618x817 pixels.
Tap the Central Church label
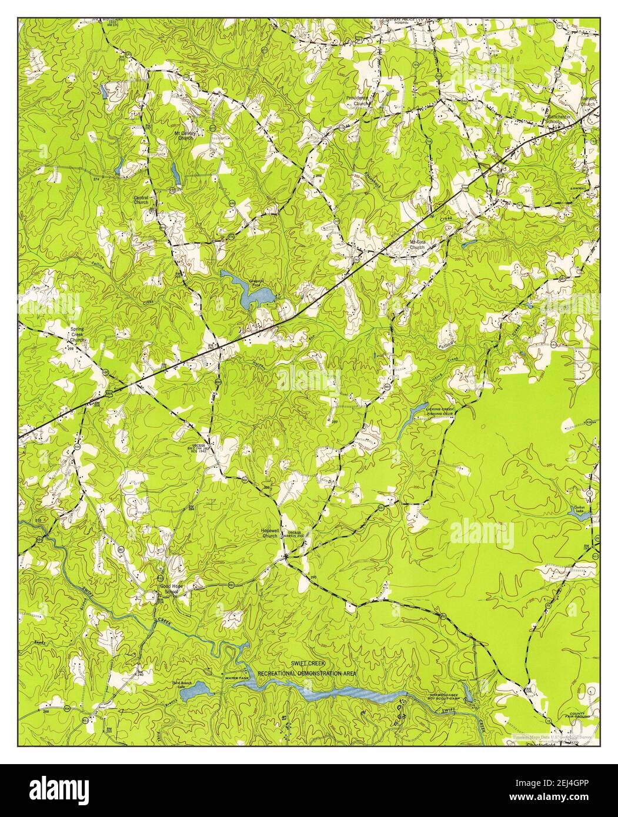click(x=141, y=200)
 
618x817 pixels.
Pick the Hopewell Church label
click(x=269, y=533)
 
